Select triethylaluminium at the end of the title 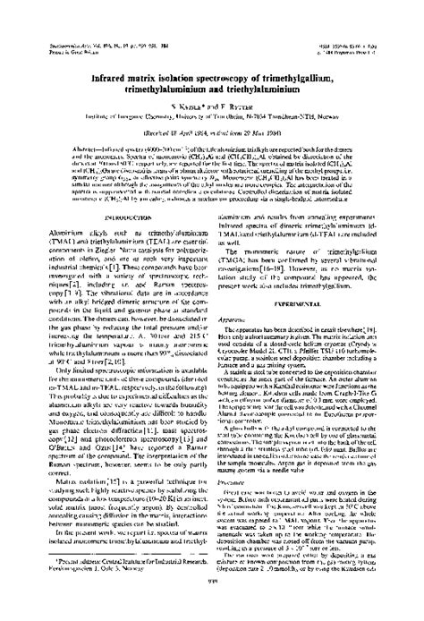[x=269, y=88]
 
